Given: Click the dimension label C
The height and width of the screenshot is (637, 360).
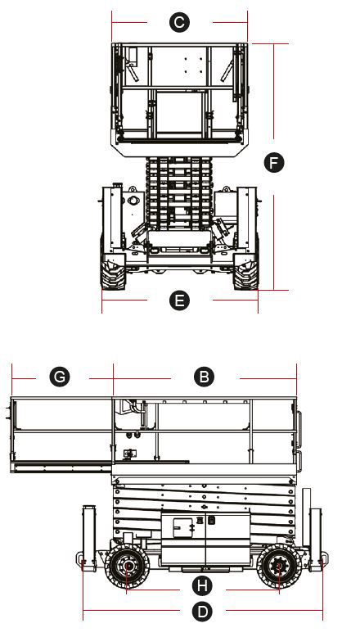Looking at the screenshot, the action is (179, 22).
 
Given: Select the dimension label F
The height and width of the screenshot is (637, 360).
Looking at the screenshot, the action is (274, 162).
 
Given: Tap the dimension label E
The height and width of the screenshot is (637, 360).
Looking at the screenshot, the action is (179, 300).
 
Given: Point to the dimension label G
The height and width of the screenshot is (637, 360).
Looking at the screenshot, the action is (60, 377).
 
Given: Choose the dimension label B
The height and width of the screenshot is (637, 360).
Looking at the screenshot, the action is (205, 377).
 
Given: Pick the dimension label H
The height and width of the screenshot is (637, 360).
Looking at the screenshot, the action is (202, 585).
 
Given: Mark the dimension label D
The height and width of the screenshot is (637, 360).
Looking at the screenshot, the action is (202, 612).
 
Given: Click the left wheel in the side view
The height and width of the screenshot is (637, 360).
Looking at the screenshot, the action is (127, 566).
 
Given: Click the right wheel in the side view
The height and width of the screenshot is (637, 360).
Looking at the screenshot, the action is (279, 566).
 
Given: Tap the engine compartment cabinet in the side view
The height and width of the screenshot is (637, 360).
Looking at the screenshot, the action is (205, 539).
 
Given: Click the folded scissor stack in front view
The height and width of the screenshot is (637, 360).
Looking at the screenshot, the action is (178, 194).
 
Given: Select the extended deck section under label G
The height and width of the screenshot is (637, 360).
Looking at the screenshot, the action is (61, 435).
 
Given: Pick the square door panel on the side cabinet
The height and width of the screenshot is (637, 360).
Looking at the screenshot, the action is (182, 527).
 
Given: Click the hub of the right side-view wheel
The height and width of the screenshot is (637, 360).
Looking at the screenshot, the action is (279, 566).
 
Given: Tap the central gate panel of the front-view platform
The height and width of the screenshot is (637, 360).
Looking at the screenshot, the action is (179, 112).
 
